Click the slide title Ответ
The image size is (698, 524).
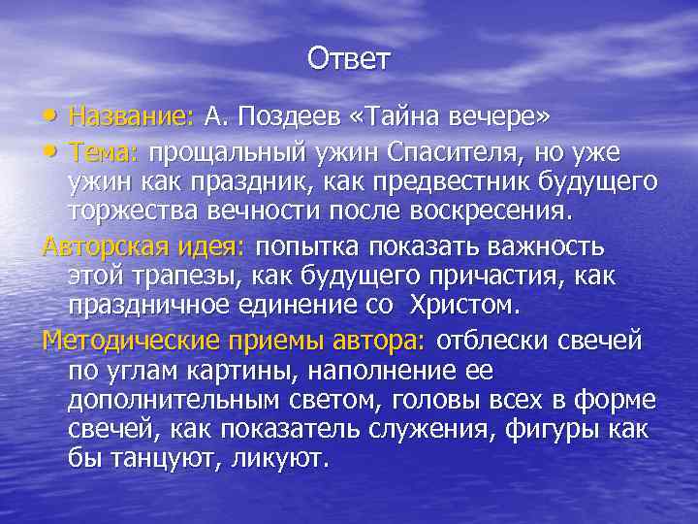(x=349, y=60)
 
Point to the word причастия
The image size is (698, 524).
(x=508, y=276)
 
